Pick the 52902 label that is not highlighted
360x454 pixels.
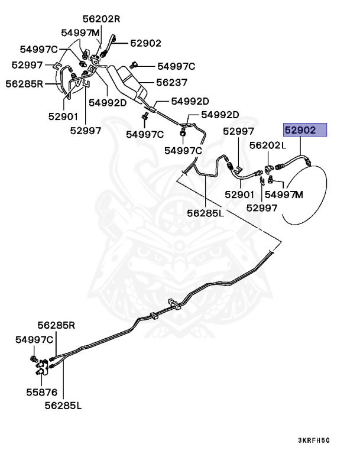(x=146, y=43)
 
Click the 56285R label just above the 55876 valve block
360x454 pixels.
(x=57, y=325)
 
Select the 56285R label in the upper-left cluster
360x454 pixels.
(x=25, y=83)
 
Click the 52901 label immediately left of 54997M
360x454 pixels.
(x=239, y=194)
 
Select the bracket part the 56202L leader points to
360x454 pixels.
(x=271, y=168)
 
